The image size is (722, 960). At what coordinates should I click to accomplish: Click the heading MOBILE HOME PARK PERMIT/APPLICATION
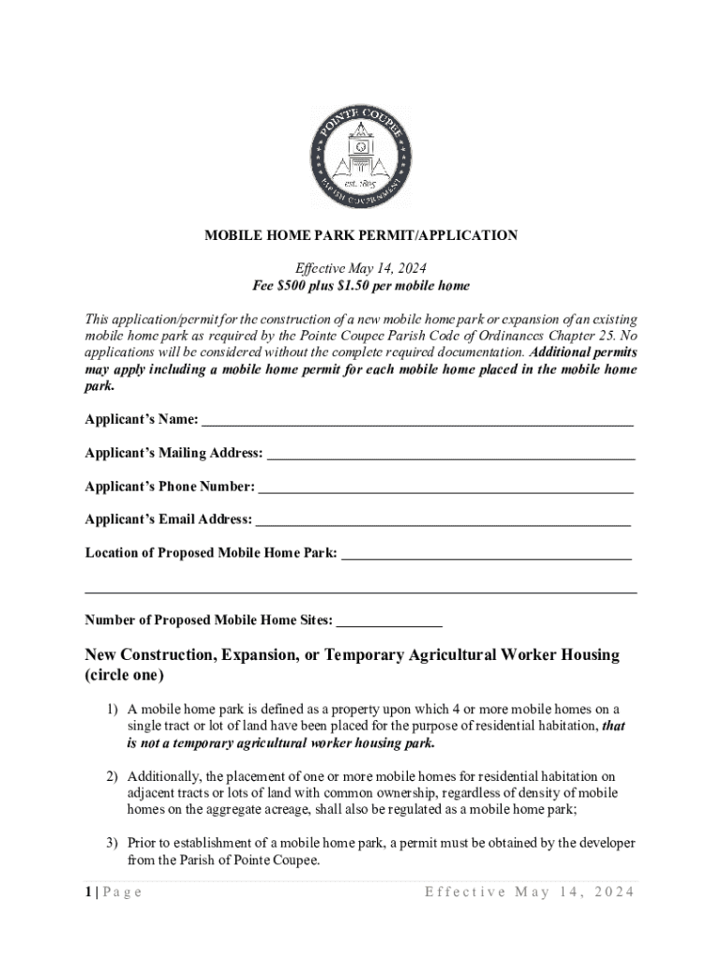361,236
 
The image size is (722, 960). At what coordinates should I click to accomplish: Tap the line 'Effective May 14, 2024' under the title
361,267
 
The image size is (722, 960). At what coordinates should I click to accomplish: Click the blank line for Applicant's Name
417,420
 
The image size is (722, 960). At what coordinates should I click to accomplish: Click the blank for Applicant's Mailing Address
451,454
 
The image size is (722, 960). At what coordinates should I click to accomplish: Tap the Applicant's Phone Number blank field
445,487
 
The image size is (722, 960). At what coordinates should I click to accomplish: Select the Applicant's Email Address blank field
443,520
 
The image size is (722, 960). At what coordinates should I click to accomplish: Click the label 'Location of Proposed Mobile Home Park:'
211,553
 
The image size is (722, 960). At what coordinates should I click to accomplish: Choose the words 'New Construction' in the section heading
149,654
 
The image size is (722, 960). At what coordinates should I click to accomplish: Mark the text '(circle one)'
125,675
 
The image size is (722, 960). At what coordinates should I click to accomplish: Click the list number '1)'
112,710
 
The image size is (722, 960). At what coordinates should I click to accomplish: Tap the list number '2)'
112,777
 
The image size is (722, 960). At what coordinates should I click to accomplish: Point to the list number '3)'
112,844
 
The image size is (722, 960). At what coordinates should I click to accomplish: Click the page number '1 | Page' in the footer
113,892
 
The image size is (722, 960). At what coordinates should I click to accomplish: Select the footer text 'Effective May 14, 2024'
530,892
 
